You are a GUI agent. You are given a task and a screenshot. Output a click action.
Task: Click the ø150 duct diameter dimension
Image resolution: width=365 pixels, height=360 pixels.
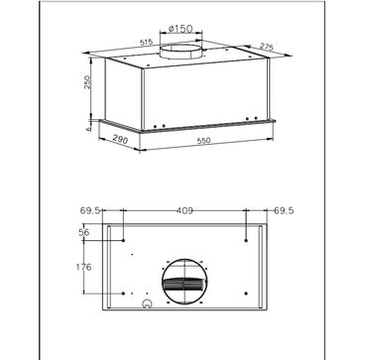tap(181, 29)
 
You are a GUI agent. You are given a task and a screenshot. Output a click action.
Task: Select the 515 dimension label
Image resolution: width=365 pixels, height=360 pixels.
tap(146, 43)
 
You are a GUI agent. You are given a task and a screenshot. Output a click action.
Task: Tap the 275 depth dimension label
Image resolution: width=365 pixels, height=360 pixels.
tap(266, 47)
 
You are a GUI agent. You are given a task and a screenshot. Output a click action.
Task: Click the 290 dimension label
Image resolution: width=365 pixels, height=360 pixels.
tap(120, 140)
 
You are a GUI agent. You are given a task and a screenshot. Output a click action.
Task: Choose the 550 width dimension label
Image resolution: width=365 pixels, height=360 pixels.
tap(203, 141)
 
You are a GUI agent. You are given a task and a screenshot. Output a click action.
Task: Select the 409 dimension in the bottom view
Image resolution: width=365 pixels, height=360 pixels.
tap(184, 210)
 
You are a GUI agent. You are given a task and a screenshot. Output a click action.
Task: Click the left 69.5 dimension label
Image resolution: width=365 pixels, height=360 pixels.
tap(89, 210)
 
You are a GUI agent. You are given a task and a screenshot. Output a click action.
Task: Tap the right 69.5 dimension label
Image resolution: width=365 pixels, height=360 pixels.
tap(284, 210)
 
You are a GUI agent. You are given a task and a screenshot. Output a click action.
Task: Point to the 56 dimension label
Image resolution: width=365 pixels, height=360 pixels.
tap(84, 232)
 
